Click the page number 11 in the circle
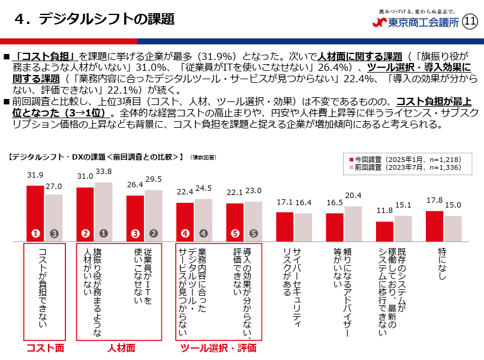[470, 22]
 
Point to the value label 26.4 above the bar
[136, 185]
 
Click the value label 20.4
[354, 196]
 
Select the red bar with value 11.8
[384, 231]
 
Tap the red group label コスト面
[44, 348]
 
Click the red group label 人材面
[120, 348]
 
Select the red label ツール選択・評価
[219, 348]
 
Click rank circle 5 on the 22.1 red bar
[235, 233]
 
